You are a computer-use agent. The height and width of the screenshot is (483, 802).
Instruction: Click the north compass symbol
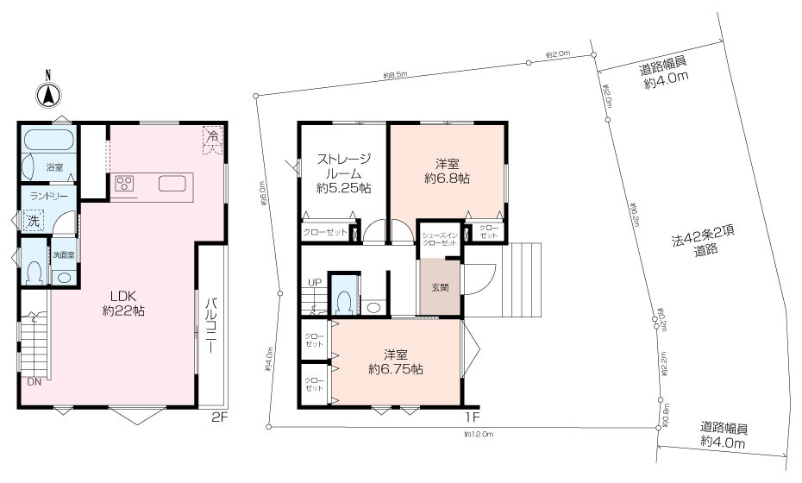pyautogui.click(x=49, y=92)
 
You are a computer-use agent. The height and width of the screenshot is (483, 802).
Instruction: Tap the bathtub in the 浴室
pyautogui.click(x=48, y=140)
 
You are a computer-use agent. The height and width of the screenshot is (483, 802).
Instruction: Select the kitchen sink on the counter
pyautogui.click(x=170, y=184)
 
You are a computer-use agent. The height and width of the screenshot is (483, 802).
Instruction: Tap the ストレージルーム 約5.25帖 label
pyautogui.click(x=344, y=172)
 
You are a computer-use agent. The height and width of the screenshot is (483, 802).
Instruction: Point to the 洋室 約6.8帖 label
pyautogui.click(x=446, y=171)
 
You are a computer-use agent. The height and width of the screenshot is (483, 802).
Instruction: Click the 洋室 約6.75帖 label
pyautogui.click(x=395, y=361)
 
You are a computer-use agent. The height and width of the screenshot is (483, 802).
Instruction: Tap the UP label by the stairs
pyautogui.click(x=316, y=282)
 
